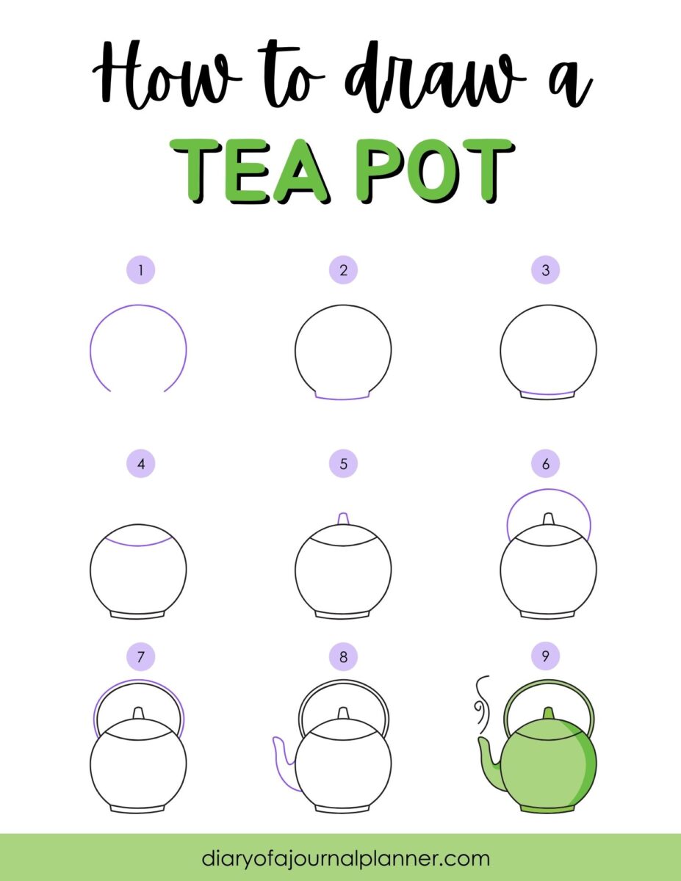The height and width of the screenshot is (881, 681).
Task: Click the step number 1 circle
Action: pyautogui.click(x=140, y=270)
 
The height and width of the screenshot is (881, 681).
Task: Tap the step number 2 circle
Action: pyautogui.click(x=343, y=270)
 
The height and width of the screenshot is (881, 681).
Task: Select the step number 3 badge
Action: pyautogui.click(x=545, y=270)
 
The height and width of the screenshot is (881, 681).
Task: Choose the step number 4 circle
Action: pyautogui.click(x=140, y=464)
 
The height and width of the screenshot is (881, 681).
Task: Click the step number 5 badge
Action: pyautogui.click(x=343, y=464)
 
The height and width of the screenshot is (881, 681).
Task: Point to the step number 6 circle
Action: pyautogui.click(x=545, y=464)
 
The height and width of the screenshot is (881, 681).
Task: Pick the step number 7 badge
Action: pyautogui.click(x=140, y=656)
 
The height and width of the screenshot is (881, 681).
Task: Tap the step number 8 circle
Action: pyautogui.click(x=343, y=656)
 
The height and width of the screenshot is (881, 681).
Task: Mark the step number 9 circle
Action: pyautogui.click(x=545, y=656)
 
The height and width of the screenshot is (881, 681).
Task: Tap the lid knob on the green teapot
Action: pyautogui.click(x=547, y=714)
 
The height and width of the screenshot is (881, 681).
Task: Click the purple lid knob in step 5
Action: pyautogui.click(x=343, y=520)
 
